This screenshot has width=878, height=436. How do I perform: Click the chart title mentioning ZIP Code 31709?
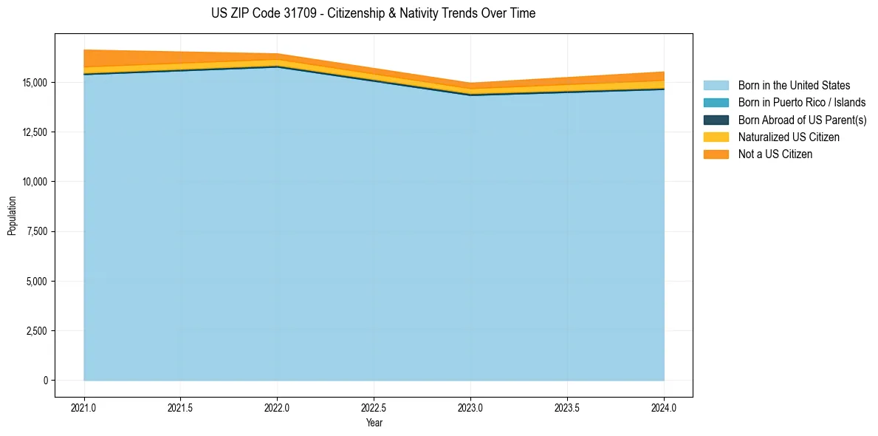(x=373, y=13)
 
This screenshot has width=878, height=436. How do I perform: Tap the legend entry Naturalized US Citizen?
(x=789, y=137)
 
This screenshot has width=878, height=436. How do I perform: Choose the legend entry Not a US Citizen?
(x=775, y=154)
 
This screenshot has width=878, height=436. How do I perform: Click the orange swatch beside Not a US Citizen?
(x=716, y=154)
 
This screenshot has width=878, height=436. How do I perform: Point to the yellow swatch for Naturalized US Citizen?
(x=716, y=137)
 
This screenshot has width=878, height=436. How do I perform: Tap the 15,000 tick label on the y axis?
(x=34, y=82)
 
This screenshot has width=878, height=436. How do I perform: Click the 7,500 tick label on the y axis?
(x=36, y=231)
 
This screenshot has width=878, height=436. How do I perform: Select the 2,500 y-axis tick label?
(x=36, y=331)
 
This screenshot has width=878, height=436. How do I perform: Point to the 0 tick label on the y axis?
(x=45, y=381)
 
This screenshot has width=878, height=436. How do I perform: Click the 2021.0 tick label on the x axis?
(x=84, y=407)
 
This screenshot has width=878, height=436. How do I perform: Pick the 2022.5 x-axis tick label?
(x=374, y=407)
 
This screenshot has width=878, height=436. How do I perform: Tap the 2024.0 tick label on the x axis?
(x=664, y=407)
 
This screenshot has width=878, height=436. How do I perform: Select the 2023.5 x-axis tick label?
(x=567, y=407)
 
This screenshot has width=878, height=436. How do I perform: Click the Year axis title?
(x=374, y=423)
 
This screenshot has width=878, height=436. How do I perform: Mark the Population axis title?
(x=12, y=216)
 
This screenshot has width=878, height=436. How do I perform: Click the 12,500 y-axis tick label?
(x=34, y=132)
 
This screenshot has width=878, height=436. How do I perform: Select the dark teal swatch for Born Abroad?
(x=716, y=120)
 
